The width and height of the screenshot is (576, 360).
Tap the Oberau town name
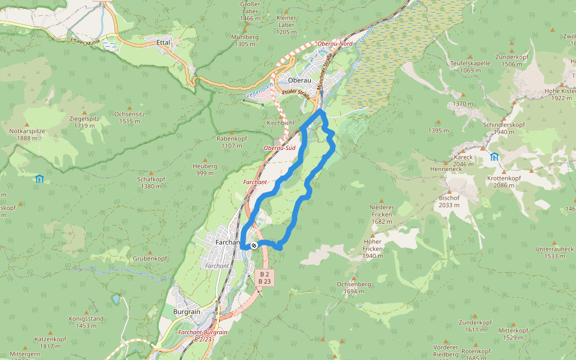299,80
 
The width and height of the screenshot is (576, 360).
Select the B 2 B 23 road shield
264,277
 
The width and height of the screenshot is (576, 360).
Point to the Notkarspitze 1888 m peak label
23,134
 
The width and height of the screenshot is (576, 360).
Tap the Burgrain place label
187,313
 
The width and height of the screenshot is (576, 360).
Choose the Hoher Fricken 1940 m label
373,248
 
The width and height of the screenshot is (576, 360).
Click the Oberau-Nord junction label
335,44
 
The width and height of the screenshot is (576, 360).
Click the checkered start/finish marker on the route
254,245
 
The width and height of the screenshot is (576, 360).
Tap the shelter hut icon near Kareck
494,157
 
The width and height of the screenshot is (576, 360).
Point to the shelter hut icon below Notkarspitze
39,178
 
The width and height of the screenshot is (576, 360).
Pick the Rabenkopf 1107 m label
232,142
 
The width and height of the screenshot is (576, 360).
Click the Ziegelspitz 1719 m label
84,122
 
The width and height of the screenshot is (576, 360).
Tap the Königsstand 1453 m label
86,322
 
